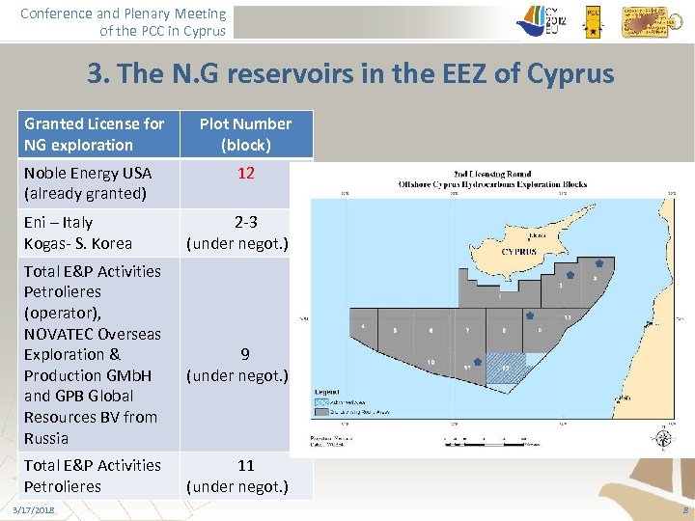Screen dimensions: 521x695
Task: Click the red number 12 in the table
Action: [246, 173]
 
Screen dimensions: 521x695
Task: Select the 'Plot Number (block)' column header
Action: [246, 134]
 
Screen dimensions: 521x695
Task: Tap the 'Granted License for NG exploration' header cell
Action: [95, 134]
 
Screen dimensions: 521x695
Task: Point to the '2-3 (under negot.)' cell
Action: [246, 233]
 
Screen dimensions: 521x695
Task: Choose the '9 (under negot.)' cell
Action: [246, 364]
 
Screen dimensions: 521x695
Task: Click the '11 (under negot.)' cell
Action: [246, 476]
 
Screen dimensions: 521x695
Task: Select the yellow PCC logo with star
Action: [593, 19]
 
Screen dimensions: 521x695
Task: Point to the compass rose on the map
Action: [659, 437]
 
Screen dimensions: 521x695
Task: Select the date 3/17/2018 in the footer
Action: [34, 509]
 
